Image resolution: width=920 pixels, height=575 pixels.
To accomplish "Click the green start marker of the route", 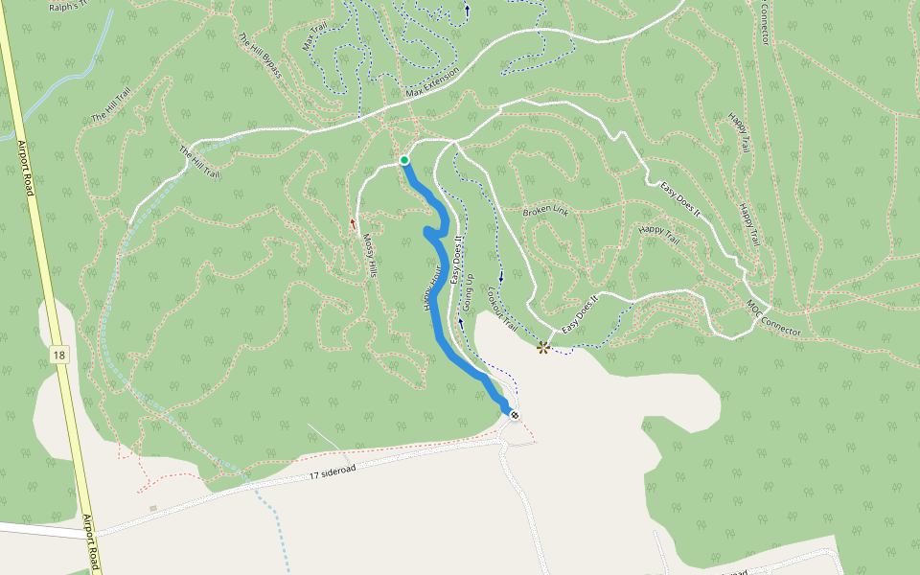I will coord(404,160).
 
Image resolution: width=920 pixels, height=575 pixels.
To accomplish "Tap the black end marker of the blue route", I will coord(515,415).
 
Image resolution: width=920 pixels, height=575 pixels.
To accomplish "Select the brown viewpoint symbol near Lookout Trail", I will coord(543,347).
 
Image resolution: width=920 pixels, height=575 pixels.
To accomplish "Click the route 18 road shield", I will coord(60,355).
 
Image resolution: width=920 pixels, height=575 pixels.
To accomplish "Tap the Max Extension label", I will coord(432,82).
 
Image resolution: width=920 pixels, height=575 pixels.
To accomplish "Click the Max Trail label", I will coord(313,36).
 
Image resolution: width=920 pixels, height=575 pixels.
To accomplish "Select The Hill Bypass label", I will coord(261,56).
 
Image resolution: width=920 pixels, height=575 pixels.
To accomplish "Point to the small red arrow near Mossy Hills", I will coord(353,223).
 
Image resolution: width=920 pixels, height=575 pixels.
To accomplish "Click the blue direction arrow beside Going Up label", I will coord(461,324).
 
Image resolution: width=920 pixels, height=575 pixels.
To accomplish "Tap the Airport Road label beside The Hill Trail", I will coord(25,168).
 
